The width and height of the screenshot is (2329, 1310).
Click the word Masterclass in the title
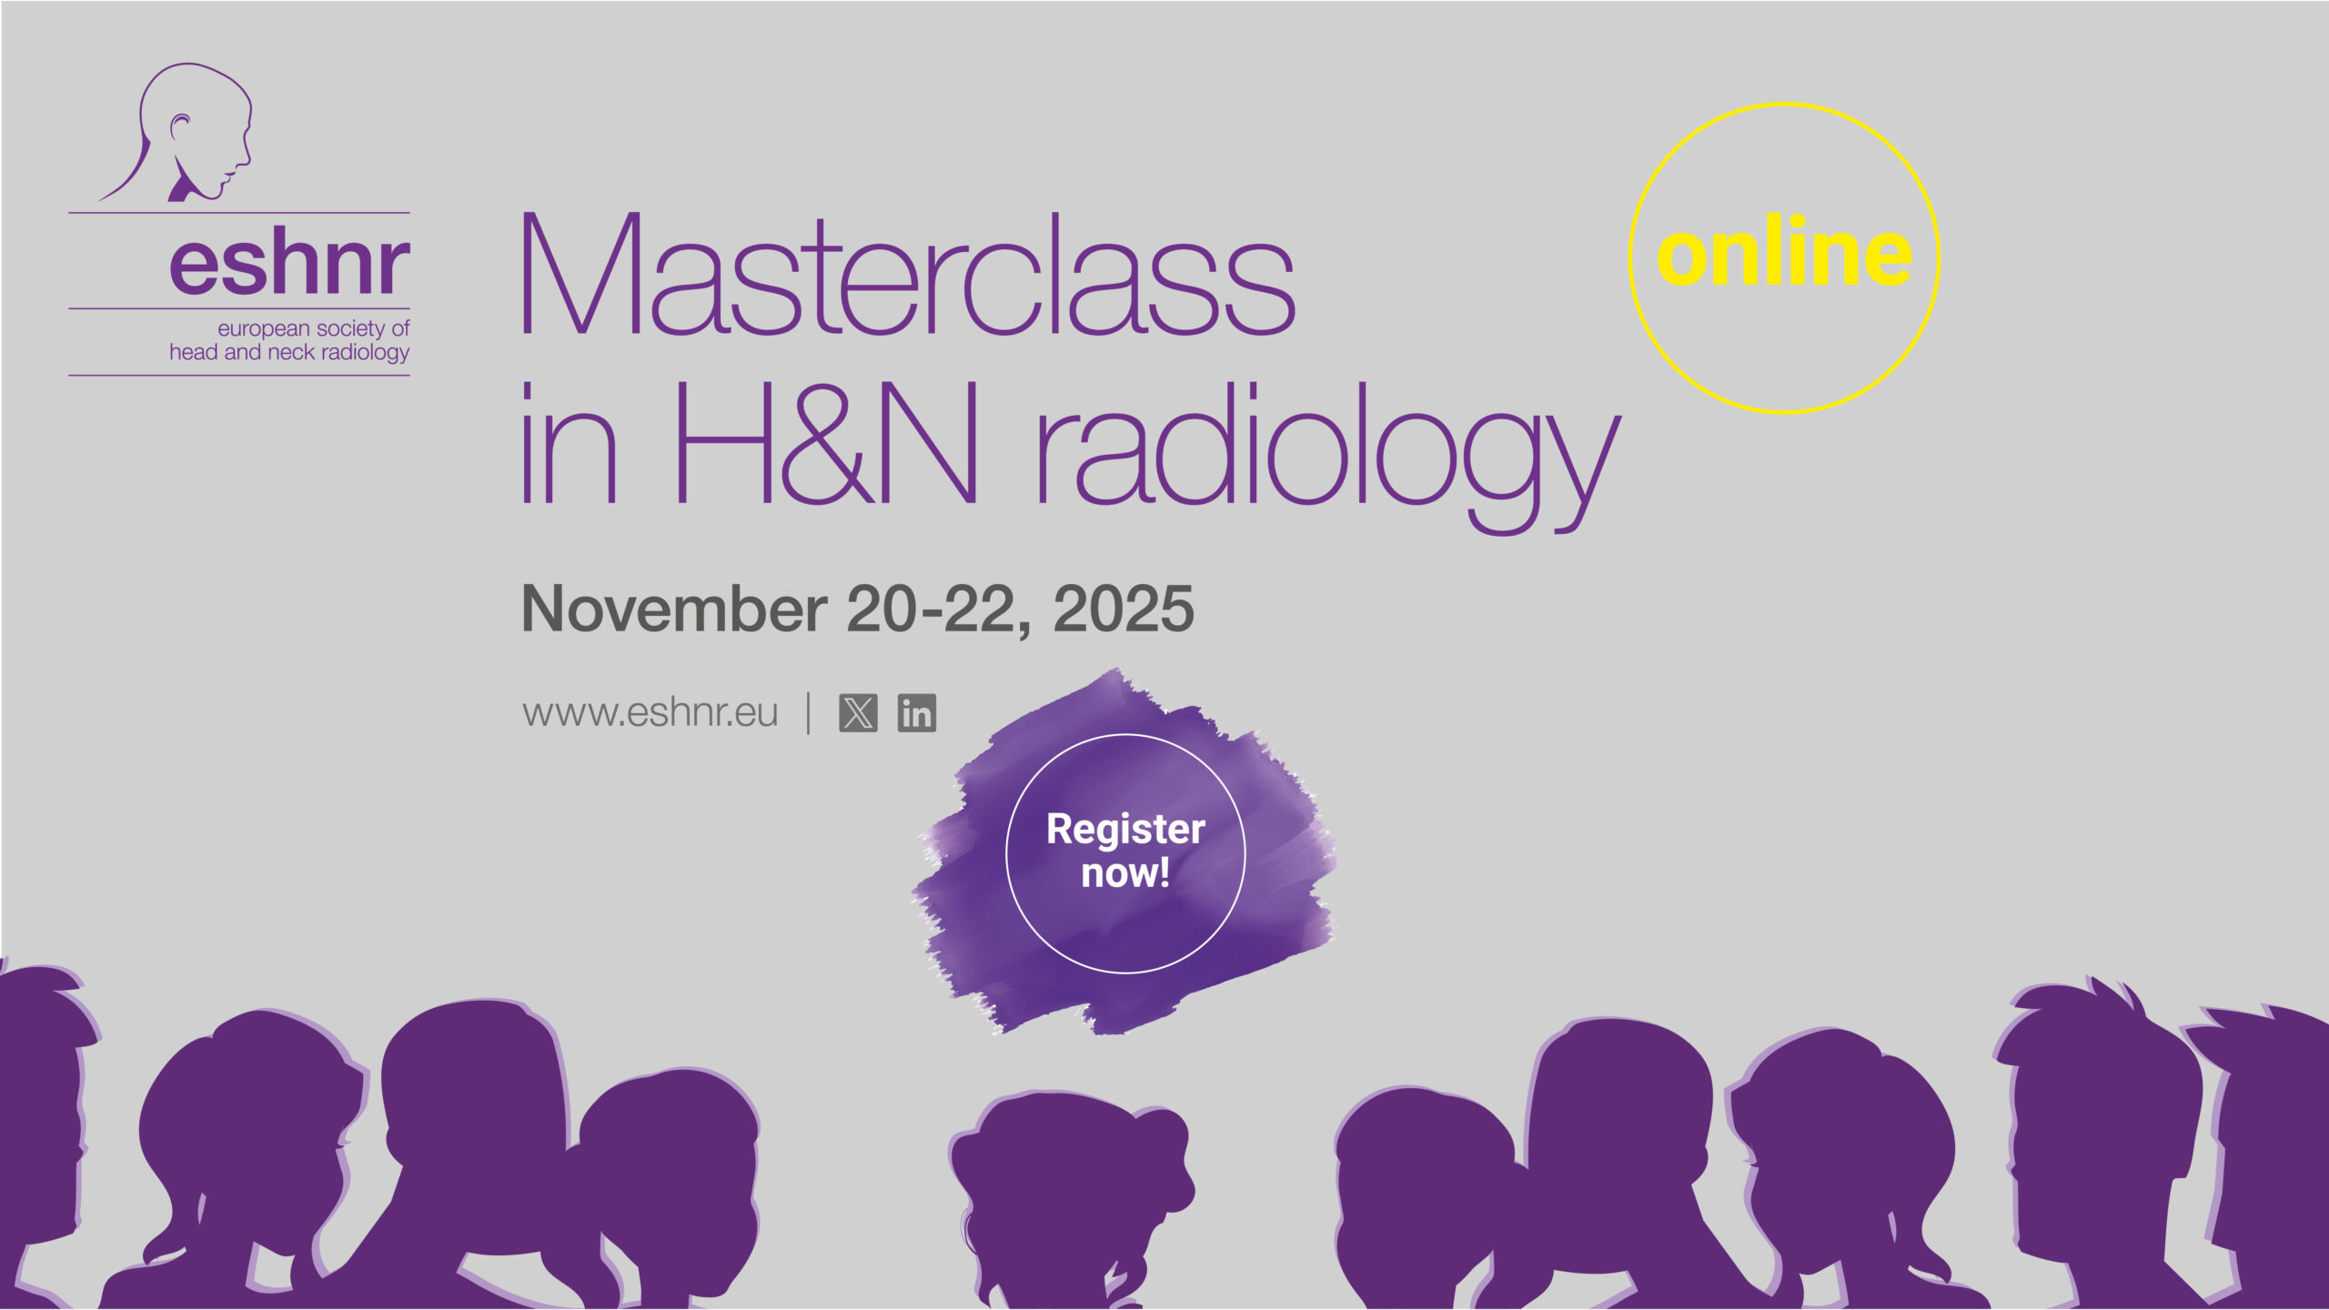[908, 275]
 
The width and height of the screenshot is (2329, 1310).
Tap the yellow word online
[1784, 251]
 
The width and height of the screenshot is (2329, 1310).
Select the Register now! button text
[1125, 851]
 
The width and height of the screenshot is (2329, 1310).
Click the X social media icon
[858, 713]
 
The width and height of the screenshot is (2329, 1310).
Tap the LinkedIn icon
[917, 713]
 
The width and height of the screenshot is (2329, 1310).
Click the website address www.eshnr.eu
[650, 713]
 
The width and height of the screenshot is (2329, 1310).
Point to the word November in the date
[674, 609]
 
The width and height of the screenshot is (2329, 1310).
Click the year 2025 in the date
[1124, 609]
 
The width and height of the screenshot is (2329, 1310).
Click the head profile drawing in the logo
[182, 133]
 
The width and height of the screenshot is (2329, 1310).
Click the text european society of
[314, 328]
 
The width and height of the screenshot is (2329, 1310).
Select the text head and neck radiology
[289, 353]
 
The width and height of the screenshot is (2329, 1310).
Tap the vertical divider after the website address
[809, 713]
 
